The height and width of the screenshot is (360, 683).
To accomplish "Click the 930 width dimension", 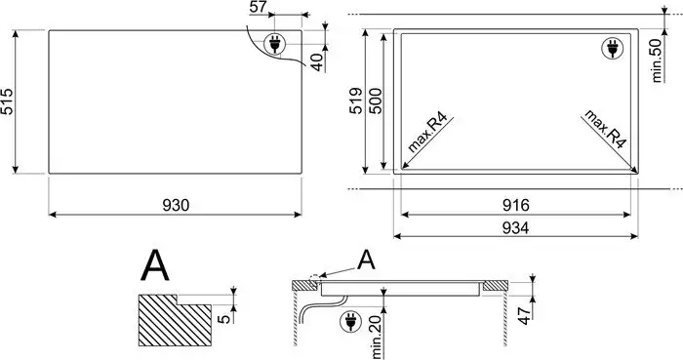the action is pyautogui.click(x=176, y=205).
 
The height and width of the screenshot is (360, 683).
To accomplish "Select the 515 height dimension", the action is pyautogui.click(x=8, y=101).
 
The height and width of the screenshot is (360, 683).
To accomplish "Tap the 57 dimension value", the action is pyautogui.click(x=258, y=7).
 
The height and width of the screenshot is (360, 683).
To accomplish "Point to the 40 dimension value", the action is pyautogui.click(x=317, y=62).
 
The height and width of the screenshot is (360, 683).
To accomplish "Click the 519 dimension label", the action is pyautogui.click(x=356, y=101).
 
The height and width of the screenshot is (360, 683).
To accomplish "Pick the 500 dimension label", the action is pyautogui.click(x=375, y=101).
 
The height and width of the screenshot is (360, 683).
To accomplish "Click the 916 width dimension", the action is pyautogui.click(x=516, y=205).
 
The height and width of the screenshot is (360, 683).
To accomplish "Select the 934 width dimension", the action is pyautogui.click(x=516, y=227).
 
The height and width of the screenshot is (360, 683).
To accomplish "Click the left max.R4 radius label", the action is pyautogui.click(x=427, y=133).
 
